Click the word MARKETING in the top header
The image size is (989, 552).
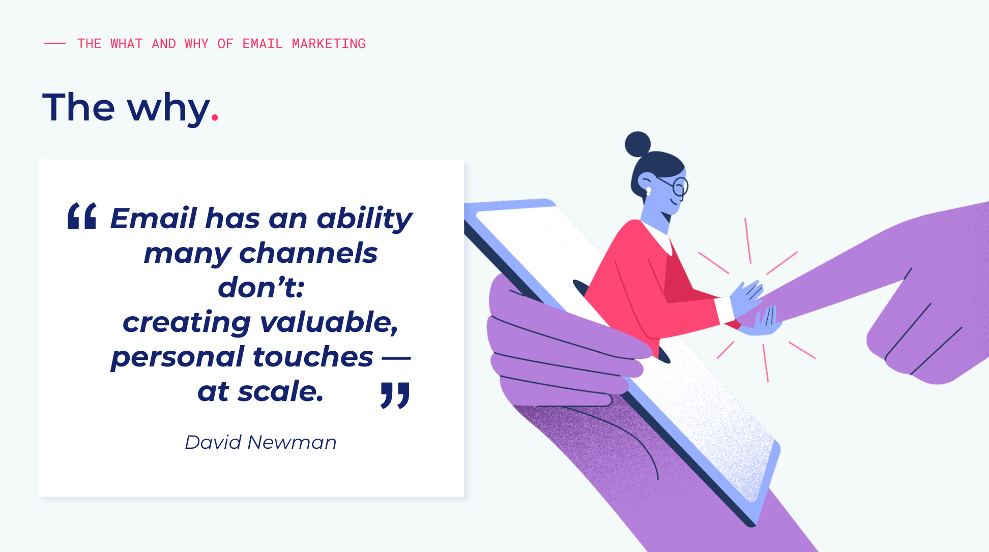[x=329, y=44]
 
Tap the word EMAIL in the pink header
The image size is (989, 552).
[x=263, y=44]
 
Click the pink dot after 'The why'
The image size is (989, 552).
[x=215, y=118]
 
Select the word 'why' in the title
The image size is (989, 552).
[x=168, y=108]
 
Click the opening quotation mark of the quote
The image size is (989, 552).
[x=82, y=216]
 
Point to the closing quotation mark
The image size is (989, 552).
[x=395, y=395]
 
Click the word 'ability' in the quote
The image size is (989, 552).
[x=364, y=219]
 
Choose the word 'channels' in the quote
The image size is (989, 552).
[x=308, y=253]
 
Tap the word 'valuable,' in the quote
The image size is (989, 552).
[x=329, y=322]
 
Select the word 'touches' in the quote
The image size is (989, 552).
[x=313, y=356]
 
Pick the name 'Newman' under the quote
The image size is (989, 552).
[x=292, y=442]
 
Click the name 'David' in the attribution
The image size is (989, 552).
[x=213, y=442]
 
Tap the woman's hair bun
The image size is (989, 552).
[x=638, y=144]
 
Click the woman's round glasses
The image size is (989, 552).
[x=680, y=187]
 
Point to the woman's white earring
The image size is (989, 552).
[x=649, y=192]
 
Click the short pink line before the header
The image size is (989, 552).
[x=55, y=44]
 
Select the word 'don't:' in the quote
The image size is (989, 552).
[x=261, y=287]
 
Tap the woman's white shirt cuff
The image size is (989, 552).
[x=724, y=310]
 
